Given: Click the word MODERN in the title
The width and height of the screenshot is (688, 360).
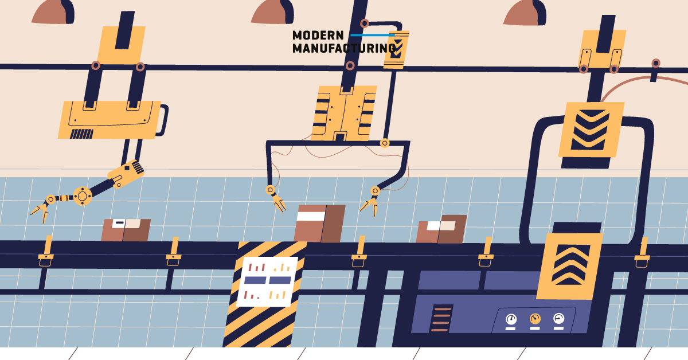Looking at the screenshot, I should point(318,36).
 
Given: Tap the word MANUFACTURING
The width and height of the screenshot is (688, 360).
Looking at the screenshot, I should point(343,49).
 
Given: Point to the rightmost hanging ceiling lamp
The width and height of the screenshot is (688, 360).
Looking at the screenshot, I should point(525,13).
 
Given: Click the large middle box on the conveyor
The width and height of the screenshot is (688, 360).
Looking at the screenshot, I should point(319,224).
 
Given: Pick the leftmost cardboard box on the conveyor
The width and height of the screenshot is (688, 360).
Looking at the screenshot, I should point(126,230).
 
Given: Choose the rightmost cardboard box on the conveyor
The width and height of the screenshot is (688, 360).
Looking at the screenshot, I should point(441,229).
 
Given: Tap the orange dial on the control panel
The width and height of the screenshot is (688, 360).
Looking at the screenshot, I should point(535,318).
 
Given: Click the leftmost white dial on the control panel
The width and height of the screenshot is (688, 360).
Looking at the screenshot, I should point(511,319).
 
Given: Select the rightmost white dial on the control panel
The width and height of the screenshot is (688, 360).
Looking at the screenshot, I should point(558,318).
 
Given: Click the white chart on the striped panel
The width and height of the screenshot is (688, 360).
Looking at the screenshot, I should point(267,281).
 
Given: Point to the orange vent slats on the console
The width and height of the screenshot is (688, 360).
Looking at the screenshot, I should point(440,319).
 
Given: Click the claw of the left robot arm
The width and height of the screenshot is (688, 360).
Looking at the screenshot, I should point(39,210).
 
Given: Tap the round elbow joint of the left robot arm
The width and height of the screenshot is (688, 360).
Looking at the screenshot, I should point(82,196).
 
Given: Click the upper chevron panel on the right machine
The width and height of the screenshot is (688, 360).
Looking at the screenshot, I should point(591,130).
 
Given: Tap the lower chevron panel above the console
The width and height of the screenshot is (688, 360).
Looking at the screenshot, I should point(570,265).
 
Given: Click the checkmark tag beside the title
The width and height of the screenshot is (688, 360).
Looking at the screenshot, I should point(396,49).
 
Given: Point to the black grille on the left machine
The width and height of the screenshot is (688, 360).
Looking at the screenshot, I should point(81,134).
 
